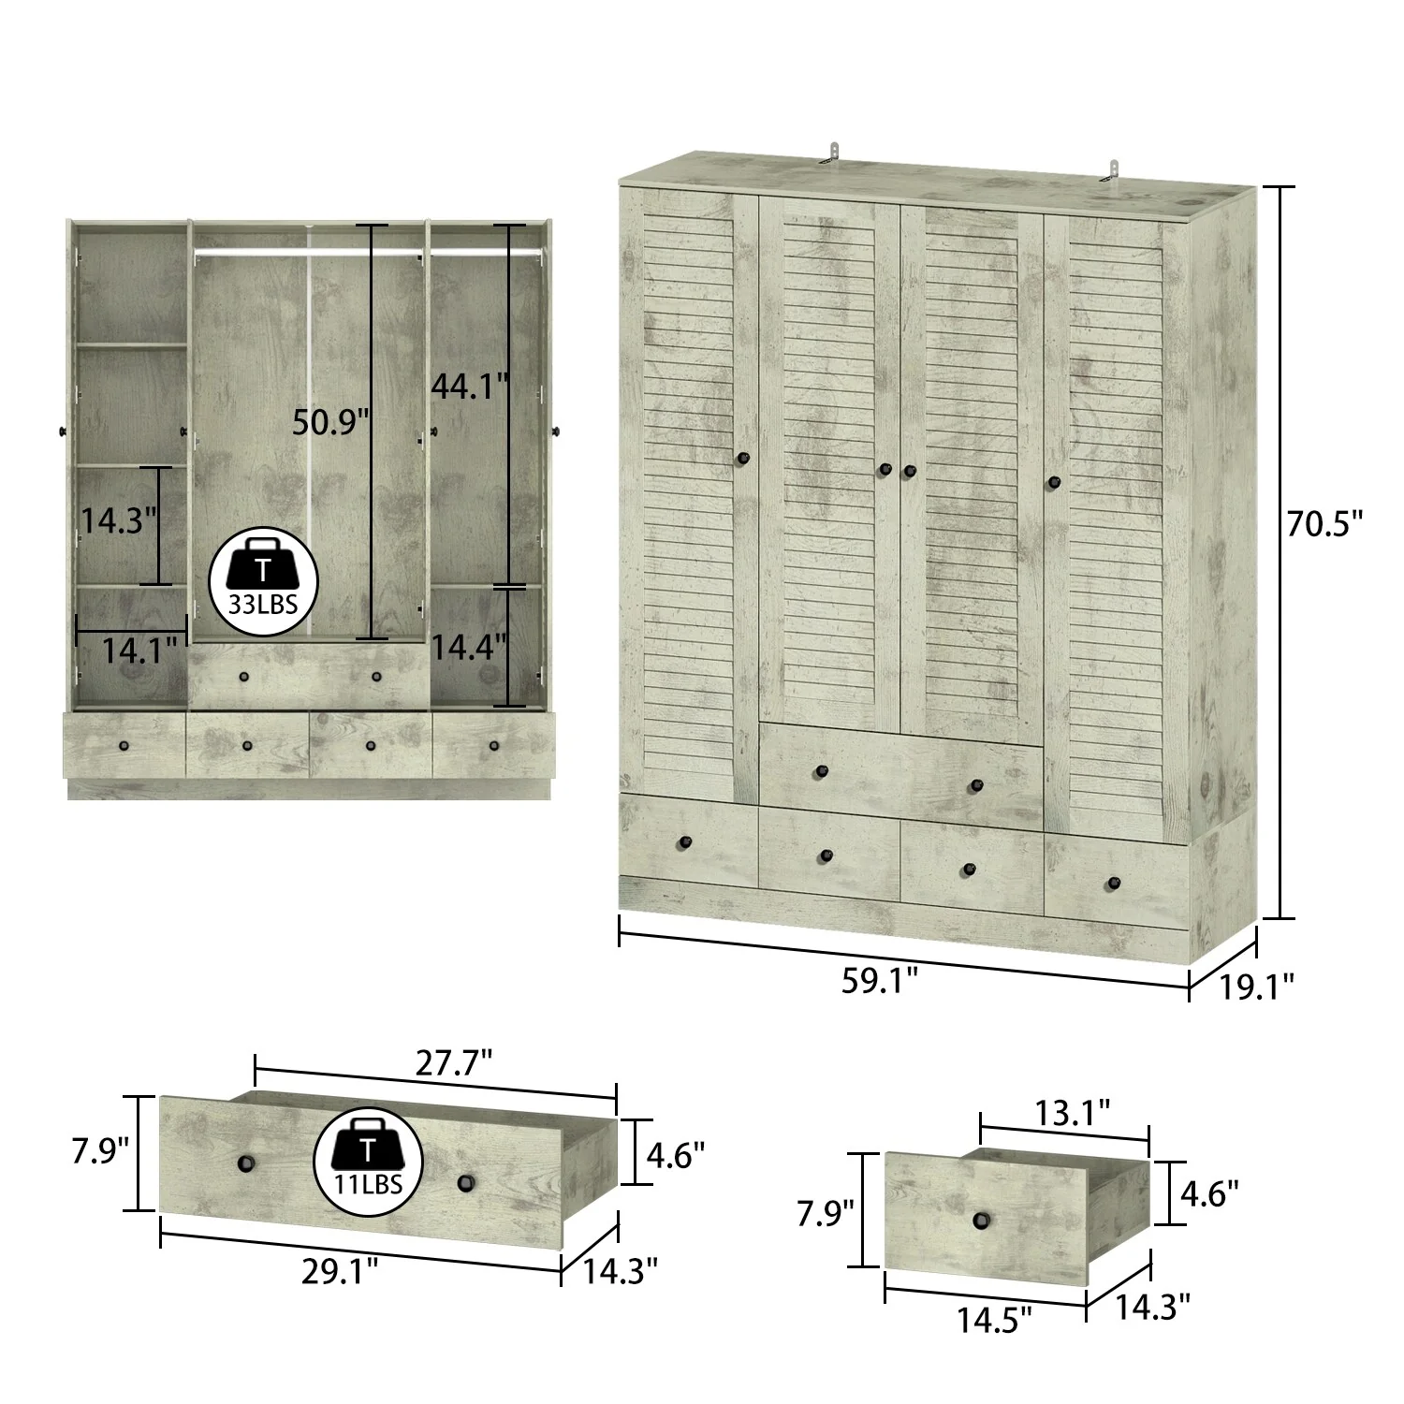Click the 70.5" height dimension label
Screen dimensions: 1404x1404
[x=1324, y=524]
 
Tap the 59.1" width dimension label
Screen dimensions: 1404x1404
[x=879, y=982]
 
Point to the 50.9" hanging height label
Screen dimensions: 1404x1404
[x=326, y=422]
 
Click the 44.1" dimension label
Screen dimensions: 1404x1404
[x=469, y=385]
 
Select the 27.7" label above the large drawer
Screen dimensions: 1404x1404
[x=454, y=1062]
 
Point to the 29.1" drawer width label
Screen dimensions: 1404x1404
[x=340, y=1270]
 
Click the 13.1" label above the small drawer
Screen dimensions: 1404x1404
[x=1073, y=1112]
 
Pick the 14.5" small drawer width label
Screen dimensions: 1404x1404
[x=994, y=1320]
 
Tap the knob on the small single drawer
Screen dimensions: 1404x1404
[x=981, y=1220]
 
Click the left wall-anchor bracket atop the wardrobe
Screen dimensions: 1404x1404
[x=831, y=154]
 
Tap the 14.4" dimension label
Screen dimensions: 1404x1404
[x=469, y=646]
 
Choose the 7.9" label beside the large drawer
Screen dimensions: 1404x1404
[x=100, y=1149]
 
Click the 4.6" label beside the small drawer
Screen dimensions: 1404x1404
[x=1209, y=1193]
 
